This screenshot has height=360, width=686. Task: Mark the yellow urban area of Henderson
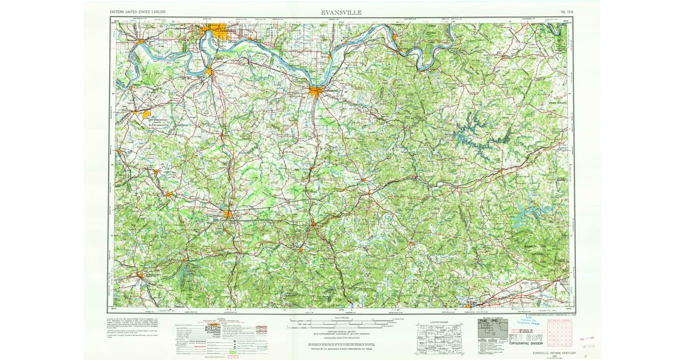coord(209,71)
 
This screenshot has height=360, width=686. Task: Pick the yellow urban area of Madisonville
coord(228,215)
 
